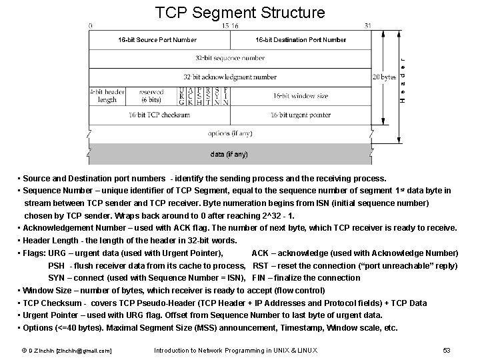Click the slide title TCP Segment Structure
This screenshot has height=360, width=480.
pos(240,13)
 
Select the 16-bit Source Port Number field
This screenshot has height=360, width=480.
pos(158,40)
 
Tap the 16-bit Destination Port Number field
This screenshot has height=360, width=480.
pos(301,40)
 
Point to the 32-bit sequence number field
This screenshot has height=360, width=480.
pos(229,58)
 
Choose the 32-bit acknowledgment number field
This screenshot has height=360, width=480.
pos(229,77)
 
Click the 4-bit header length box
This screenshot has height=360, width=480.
pos(107,96)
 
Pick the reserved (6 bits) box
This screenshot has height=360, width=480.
pos(150,96)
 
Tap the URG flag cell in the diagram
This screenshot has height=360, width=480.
pos(182,97)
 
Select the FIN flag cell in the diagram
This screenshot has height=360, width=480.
pos(226,97)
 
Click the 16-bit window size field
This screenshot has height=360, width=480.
pos(301,96)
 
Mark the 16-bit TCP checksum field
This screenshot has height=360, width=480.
pos(158,115)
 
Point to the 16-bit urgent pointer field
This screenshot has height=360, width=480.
pos(301,115)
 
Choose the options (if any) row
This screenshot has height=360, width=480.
pos(229,133)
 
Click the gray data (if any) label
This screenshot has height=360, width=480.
pos(229,154)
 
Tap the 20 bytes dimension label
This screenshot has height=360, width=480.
pos(384,77)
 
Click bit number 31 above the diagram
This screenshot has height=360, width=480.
pos(368,25)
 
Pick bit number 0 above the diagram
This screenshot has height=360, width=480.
pos(90,25)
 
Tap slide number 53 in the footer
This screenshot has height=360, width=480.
pos(447,350)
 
